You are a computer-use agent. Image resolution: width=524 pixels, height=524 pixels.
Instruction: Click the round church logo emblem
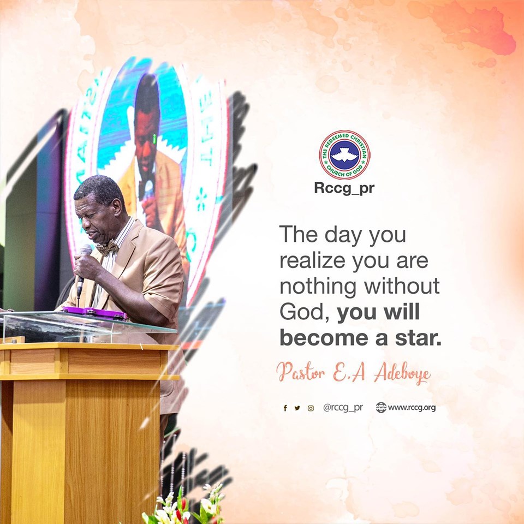click(344, 155)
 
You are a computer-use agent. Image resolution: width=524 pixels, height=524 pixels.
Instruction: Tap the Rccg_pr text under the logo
click(344, 189)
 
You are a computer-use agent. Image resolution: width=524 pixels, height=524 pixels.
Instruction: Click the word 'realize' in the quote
click(312, 260)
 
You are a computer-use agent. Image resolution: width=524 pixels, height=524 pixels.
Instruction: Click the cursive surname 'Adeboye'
click(402, 373)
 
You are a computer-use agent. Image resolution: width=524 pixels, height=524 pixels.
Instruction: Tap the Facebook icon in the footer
click(285, 408)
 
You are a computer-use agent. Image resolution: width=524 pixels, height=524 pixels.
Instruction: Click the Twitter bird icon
click(297, 408)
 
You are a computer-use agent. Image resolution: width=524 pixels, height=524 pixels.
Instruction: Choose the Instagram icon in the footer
click(311, 408)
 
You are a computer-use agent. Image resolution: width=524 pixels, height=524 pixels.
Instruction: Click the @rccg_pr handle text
click(343, 408)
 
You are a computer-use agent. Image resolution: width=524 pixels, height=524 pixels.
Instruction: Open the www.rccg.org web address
click(412, 408)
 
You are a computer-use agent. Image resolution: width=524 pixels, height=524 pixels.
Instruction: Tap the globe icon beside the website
click(381, 408)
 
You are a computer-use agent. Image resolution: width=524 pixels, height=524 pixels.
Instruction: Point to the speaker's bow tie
click(108, 248)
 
